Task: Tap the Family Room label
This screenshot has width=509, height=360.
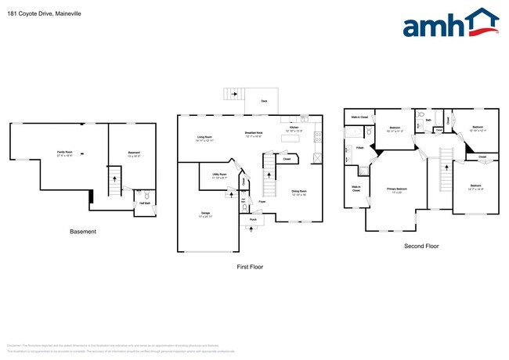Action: (x=64, y=152)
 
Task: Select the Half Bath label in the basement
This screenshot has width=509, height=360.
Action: (x=145, y=203)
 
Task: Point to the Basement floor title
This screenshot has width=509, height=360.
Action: (x=83, y=232)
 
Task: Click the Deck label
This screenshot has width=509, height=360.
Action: (x=264, y=101)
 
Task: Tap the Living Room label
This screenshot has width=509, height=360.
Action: (x=205, y=138)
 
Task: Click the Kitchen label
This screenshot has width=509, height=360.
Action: (x=294, y=127)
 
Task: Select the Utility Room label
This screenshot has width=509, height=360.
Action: (x=219, y=175)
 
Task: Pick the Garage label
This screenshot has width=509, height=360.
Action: (x=205, y=213)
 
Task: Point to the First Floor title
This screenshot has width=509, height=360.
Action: (x=250, y=267)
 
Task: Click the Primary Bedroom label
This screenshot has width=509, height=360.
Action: (x=397, y=189)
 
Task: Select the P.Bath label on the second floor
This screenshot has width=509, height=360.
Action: (x=359, y=148)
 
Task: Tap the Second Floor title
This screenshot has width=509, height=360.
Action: (x=422, y=246)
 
